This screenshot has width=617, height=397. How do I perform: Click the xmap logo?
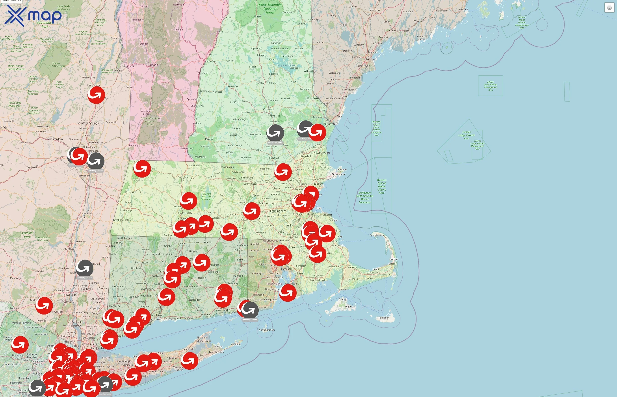tap(33, 15)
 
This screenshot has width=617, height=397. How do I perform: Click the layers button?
tap(609, 8)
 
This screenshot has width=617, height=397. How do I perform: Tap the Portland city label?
tap(371, 60)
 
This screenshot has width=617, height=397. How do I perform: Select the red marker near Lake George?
tap(96, 95)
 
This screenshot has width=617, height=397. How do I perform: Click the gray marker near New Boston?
tap(275, 133)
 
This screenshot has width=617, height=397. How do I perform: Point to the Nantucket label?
tap(384, 318)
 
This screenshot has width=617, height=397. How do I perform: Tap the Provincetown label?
tap(377, 235)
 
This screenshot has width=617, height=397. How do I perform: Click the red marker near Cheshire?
tap(142, 169)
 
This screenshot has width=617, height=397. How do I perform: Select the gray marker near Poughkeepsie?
tap(84, 268)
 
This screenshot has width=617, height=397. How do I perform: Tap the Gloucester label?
tap(338, 174)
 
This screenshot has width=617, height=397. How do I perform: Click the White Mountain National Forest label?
tap(270, 9)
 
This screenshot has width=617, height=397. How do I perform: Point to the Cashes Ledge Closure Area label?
tap(466, 135)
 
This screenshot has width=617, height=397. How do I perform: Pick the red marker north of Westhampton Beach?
tap(190, 361)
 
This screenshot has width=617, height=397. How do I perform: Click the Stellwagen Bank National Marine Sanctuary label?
tap(365, 197)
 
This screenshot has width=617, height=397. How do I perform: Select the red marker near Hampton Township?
tap(20, 345)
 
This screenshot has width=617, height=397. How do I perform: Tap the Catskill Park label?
tap(27, 235)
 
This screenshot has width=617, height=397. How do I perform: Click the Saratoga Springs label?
tap(88, 123)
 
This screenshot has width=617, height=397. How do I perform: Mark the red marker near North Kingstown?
tap(288, 293)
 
